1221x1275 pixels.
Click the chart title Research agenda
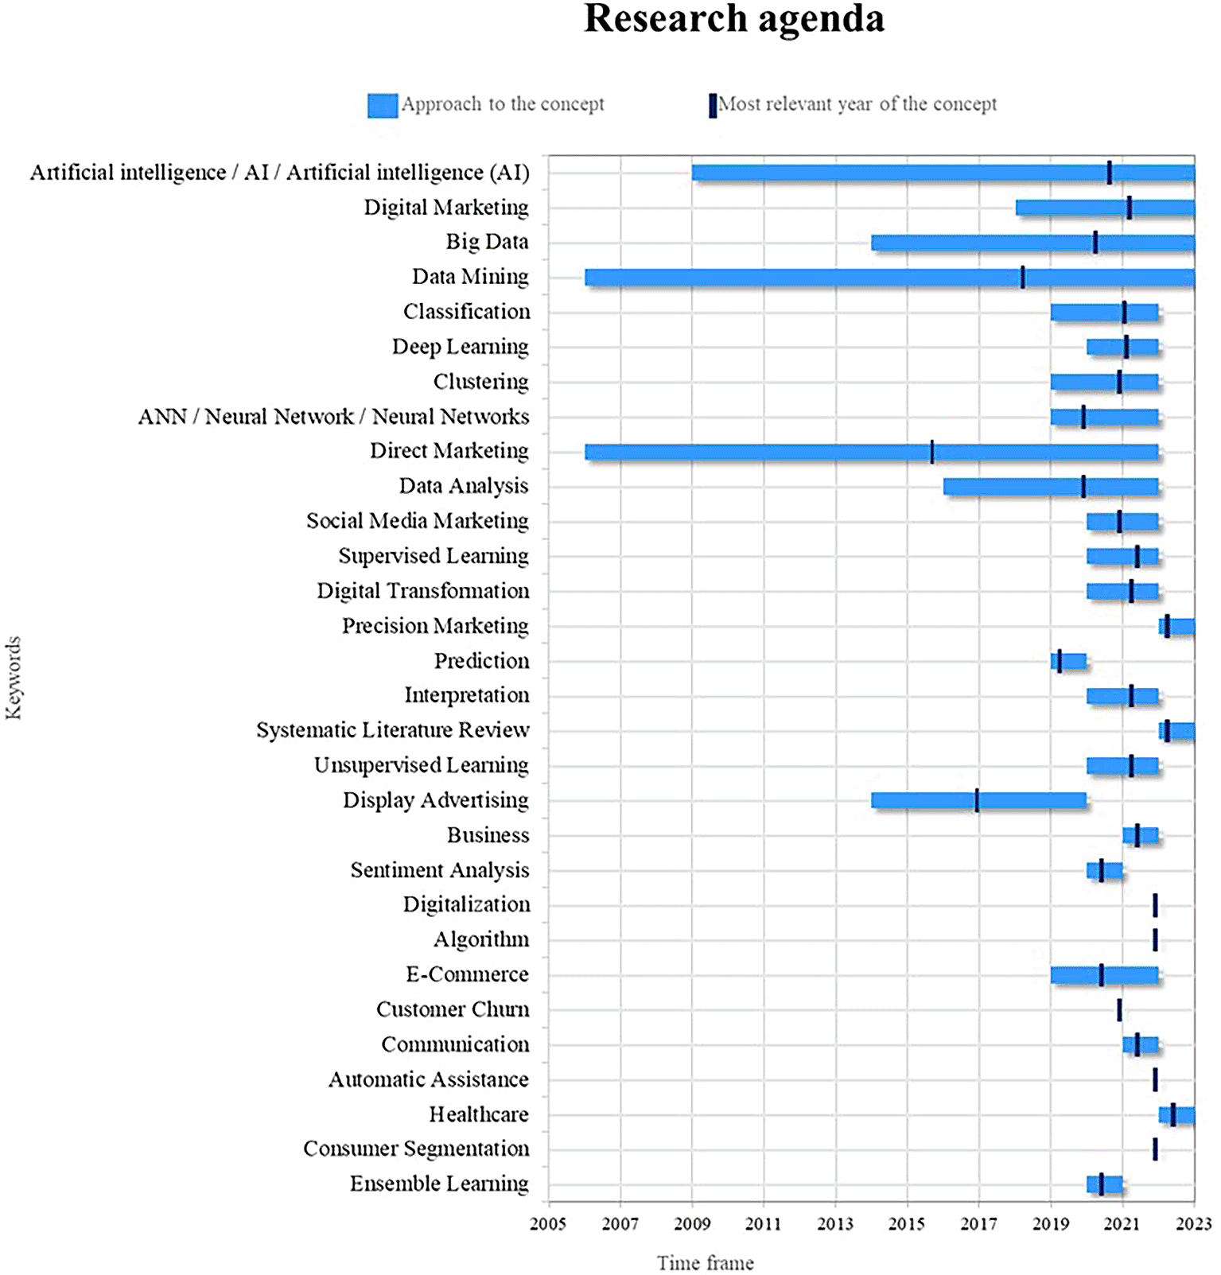pos(733,19)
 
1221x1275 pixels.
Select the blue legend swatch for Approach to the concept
pos(383,106)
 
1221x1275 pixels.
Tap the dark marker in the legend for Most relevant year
pos(713,106)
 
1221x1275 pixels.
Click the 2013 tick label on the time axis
pos(835,1223)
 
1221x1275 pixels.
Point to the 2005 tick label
pos(548,1223)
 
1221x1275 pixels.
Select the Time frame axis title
pos(705,1262)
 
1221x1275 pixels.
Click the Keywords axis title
pos(14,678)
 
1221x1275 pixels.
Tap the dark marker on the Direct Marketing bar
pos(932,452)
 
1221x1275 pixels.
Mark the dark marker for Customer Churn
pos(1119,1010)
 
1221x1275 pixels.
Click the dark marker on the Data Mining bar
pos(1022,278)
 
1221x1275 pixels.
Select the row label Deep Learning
pos(460,347)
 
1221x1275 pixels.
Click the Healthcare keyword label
pos(479,1114)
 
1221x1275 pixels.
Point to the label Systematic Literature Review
pos(392,730)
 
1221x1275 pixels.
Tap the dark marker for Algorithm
pos(1155,940)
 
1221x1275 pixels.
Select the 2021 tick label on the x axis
pos(1122,1223)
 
